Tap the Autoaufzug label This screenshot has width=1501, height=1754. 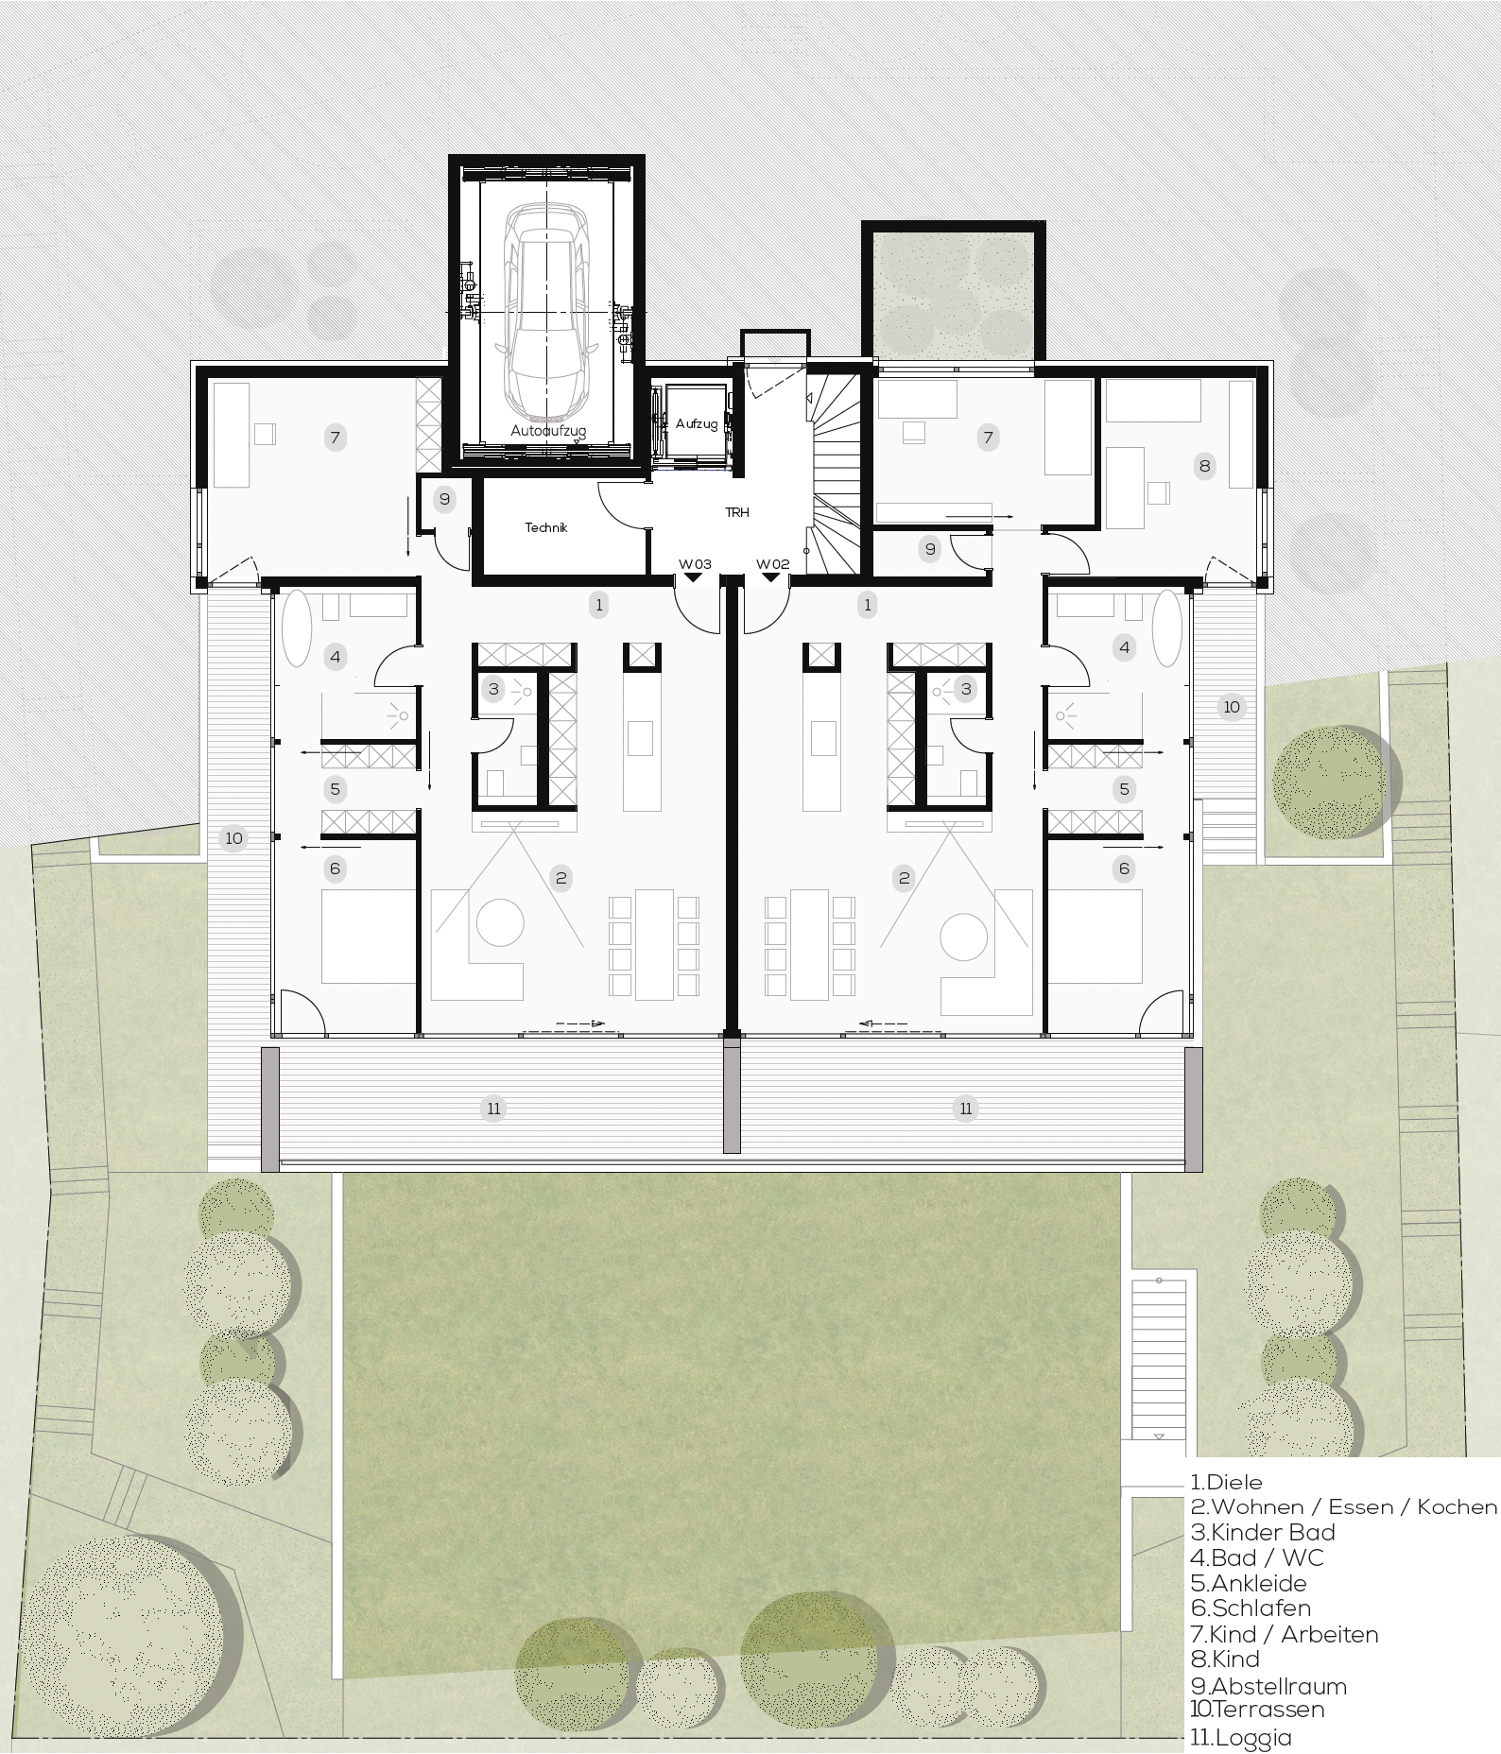548,431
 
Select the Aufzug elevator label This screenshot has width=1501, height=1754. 697,424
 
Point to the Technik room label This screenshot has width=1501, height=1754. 546,527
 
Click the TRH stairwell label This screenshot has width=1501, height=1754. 737,512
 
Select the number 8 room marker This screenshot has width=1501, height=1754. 1204,465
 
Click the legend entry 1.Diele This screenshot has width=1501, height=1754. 1227,1482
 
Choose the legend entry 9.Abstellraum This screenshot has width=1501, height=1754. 1268,1686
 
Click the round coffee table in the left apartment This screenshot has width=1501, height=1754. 500,921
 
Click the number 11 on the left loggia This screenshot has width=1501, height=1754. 494,1109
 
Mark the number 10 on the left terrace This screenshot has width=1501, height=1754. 233,837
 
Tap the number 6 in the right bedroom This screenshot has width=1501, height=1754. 1124,868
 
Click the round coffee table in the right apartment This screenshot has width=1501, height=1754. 964,937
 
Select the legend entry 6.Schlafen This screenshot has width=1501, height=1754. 1251,1608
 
